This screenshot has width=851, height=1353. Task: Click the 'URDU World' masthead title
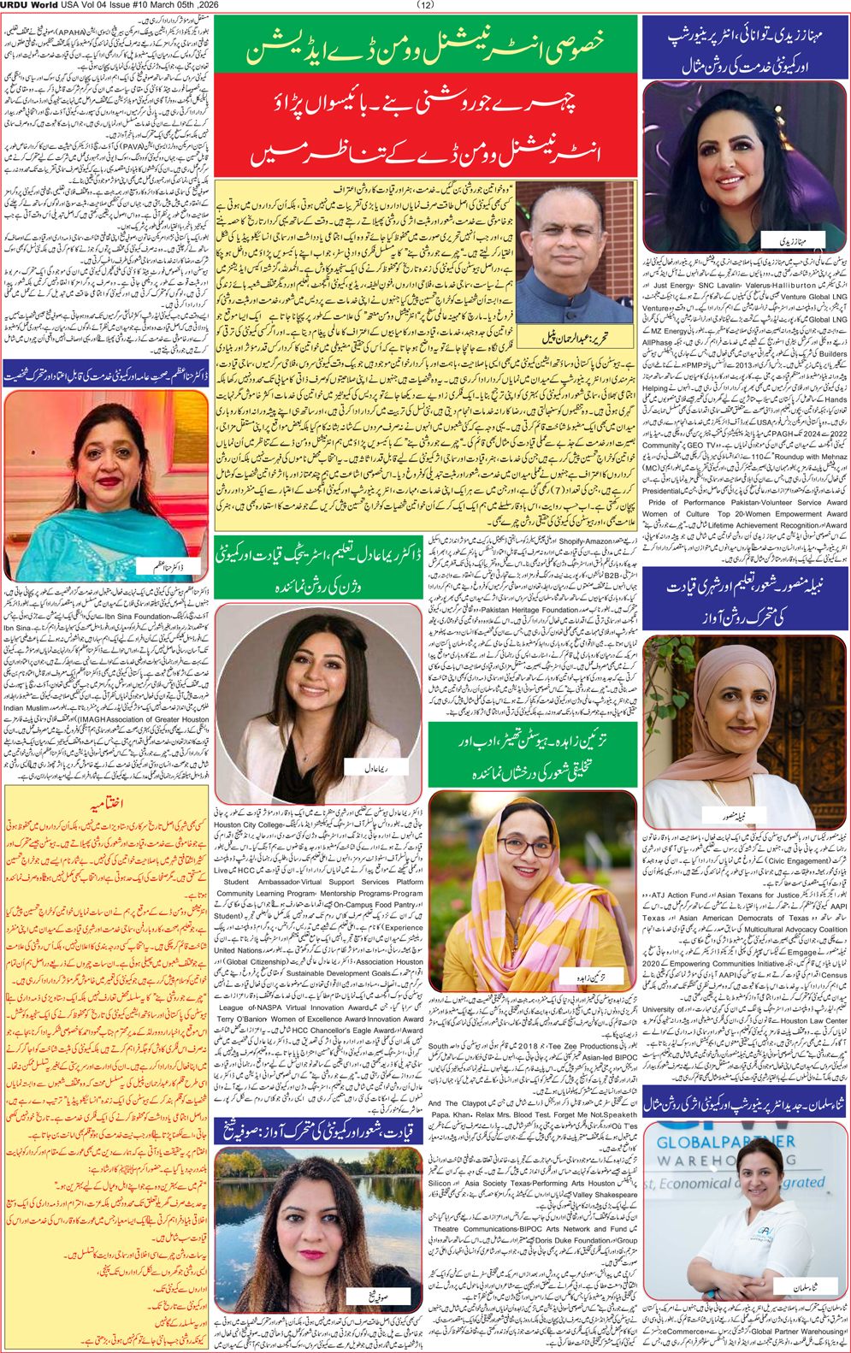coord(29,5)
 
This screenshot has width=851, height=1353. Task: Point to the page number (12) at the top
coord(425,5)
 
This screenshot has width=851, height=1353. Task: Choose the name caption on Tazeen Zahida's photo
coord(592,976)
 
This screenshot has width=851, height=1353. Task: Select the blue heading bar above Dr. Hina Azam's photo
coord(107,375)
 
